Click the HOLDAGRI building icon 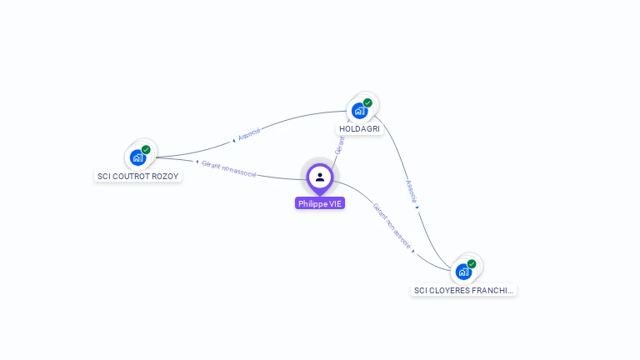click(x=359, y=110)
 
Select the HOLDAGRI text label click(x=359, y=129)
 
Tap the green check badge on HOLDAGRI click(x=367, y=102)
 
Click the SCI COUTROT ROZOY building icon click(x=137, y=157)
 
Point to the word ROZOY click(x=166, y=177)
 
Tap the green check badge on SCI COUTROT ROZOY click(x=146, y=149)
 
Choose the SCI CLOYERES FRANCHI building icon click(x=463, y=272)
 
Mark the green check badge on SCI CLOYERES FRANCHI click(x=472, y=263)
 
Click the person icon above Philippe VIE click(x=320, y=177)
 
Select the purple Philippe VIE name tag click(x=320, y=203)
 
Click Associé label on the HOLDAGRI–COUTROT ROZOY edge click(x=250, y=133)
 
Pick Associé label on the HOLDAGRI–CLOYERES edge click(x=410, y=191)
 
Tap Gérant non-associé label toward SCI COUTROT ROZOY click(x=229, y=168)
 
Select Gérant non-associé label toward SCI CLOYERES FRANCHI click(x=391, y=225)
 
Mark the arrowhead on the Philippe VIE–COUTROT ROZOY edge click(x=197, y=162)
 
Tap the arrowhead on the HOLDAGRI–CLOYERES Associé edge click(x=417, y=207)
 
